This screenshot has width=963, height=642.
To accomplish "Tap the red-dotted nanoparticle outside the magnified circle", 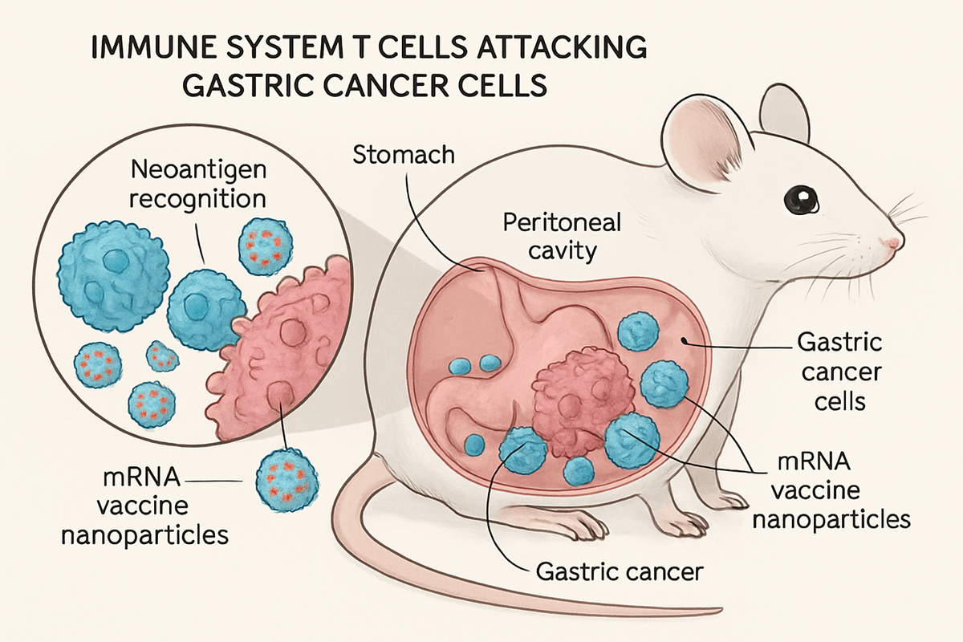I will [x=286, y=480].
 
